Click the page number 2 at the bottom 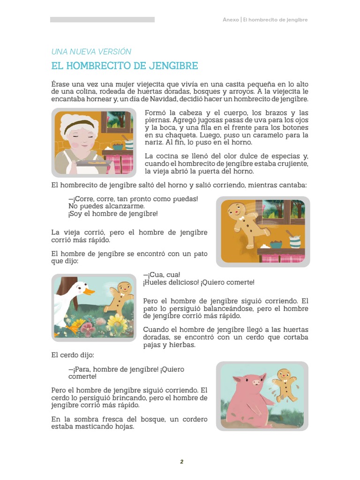coord(181,462)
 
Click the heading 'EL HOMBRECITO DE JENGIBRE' coord(124,66)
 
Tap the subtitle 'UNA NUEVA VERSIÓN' coord(91,52)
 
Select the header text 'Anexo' coord(231,20)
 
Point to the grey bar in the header coord(102,20)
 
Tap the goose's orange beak coord(88,292)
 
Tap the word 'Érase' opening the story coord(61,83)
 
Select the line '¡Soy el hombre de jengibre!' coord(113,214)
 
